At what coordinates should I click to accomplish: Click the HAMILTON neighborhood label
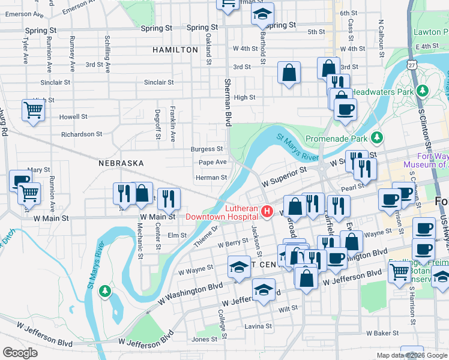(175, 50)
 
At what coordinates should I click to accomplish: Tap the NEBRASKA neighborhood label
(121, 163)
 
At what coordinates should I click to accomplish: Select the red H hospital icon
(267, 212)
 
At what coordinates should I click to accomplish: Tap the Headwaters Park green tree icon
(423, 91)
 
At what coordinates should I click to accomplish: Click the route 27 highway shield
(411, 64)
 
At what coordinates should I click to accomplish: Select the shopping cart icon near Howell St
(32, 110)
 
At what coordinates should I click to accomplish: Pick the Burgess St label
(206, 149)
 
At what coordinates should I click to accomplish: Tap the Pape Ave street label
(212, 162)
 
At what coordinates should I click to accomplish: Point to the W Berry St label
(233, 244)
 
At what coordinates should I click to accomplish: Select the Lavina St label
(259, 326)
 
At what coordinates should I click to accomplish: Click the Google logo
(20, 353)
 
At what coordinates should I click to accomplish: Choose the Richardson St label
(82, 134)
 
